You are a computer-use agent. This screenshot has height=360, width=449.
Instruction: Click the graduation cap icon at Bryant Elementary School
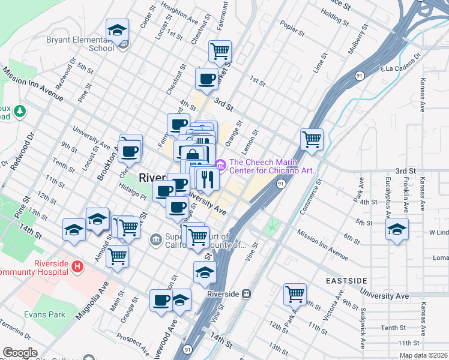118,30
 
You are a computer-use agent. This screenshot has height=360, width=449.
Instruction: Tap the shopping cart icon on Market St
220,51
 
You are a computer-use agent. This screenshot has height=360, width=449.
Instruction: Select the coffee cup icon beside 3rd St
207,79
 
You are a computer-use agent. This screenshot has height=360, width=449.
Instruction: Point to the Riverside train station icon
246,294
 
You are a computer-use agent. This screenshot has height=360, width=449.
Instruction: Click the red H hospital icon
77,266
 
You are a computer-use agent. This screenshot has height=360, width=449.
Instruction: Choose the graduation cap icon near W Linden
397,230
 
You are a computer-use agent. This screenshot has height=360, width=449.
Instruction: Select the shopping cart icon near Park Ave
295,294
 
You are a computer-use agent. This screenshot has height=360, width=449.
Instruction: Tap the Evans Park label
44,314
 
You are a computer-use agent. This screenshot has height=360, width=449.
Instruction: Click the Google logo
20,353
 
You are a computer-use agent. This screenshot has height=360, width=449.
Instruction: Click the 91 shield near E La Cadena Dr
359,76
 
